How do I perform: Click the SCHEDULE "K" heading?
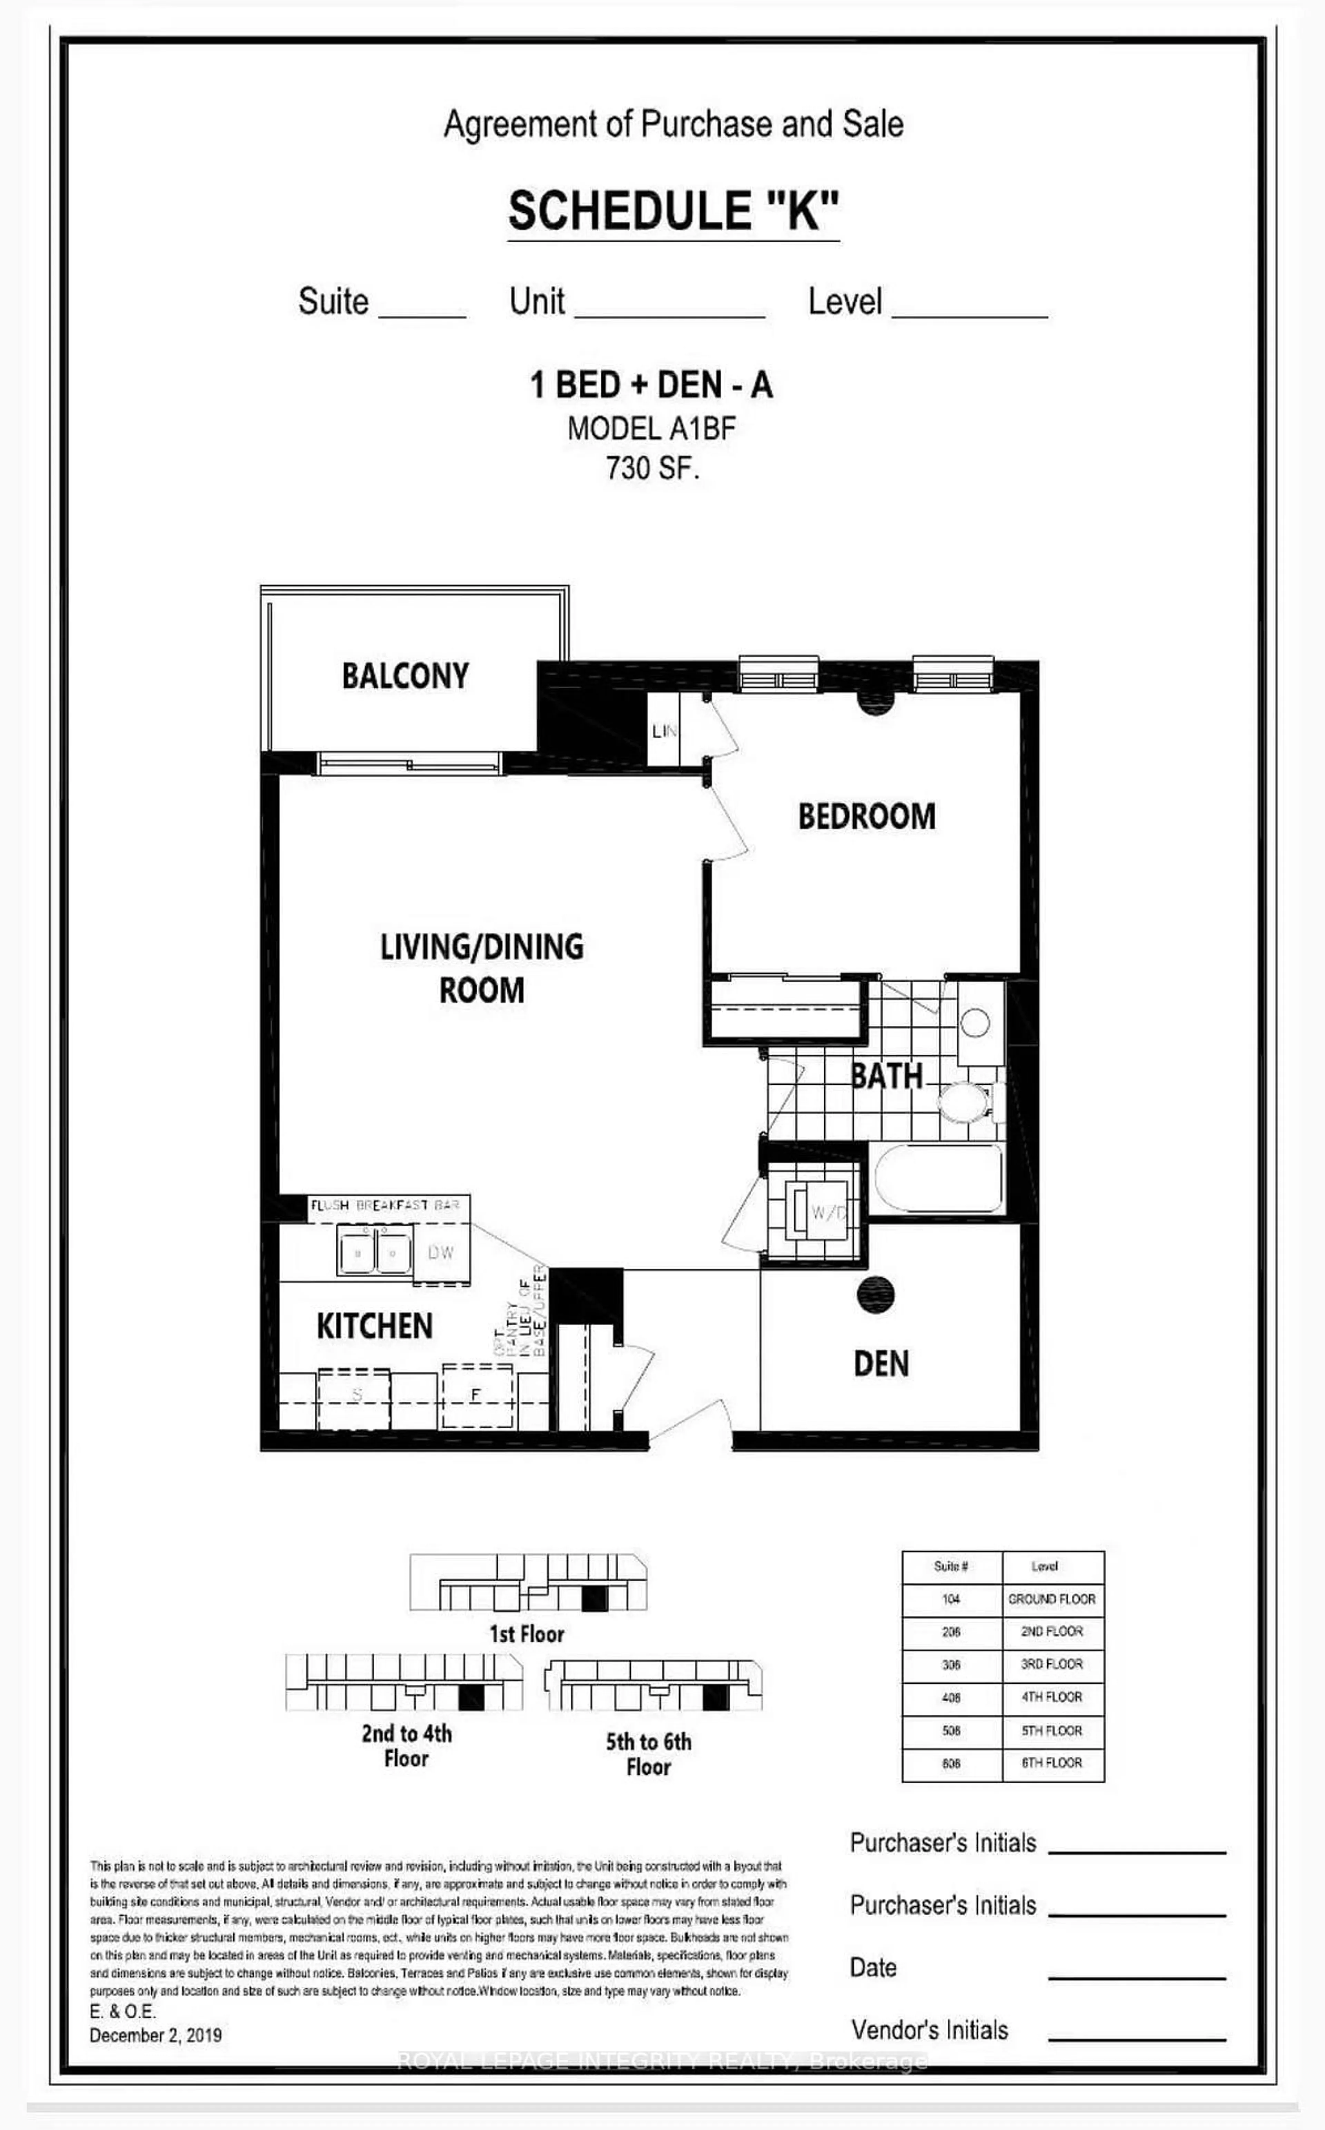pos(673,211)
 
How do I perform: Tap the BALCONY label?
pos(405,676)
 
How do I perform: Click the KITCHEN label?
pos(374,1326)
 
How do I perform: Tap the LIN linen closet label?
pos(664,730)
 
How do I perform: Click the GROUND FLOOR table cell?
pos(1052,1599)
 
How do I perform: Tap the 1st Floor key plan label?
pos(527,1634)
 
